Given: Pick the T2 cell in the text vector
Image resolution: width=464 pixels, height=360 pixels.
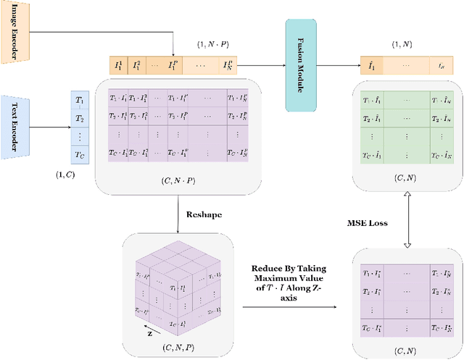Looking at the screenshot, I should pyautogui.click(x=79, y=118).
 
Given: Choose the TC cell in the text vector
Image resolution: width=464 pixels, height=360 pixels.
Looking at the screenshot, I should pyautogui.click(x=79, y=154).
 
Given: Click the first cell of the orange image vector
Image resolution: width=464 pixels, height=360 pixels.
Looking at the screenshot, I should pyautogui.click(x=117, y=66).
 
